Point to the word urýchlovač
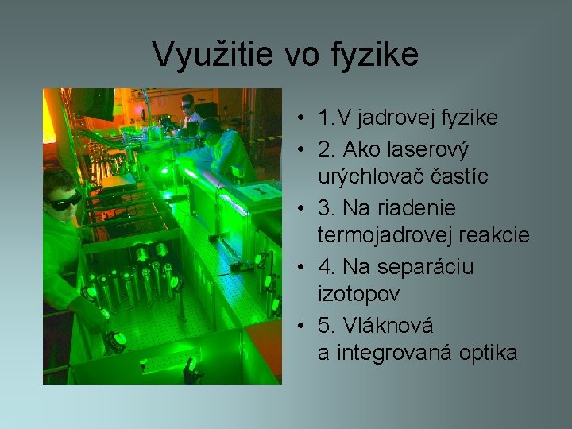coord(374,176)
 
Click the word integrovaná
coord(392,354)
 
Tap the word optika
coord(489,354)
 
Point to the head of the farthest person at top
coord(188,103)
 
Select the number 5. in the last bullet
coord(326,325)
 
